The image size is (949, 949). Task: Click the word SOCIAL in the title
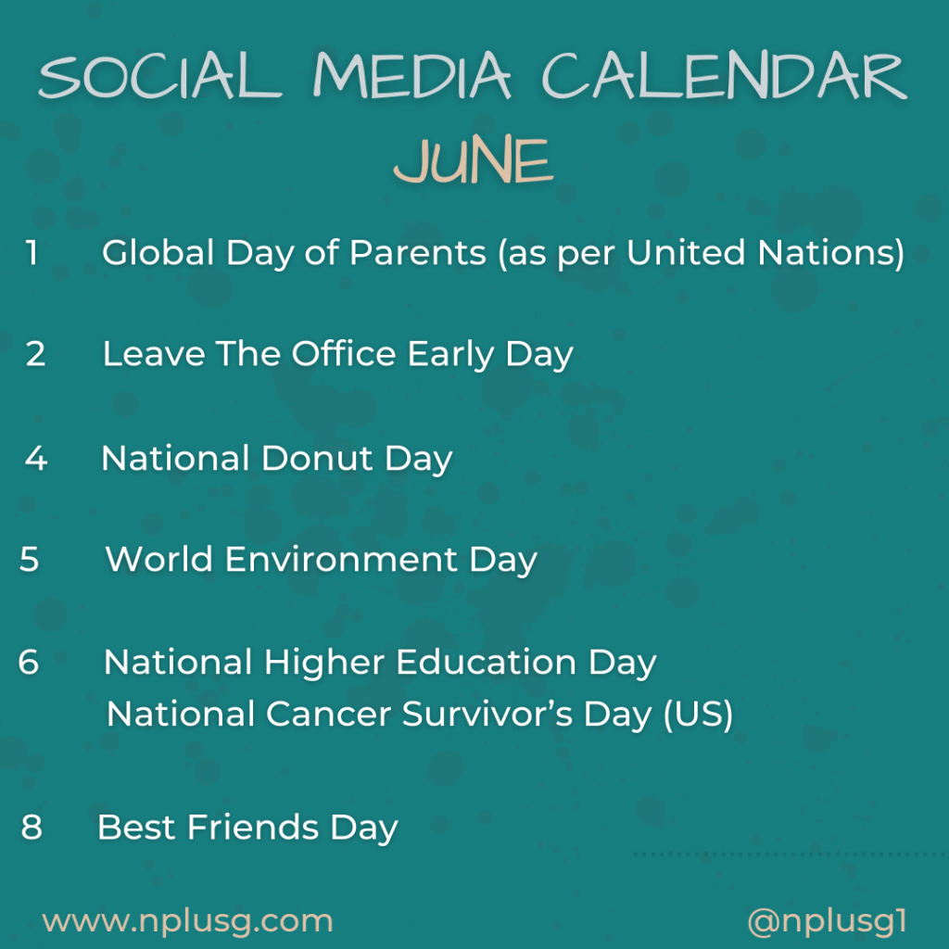[159, 76]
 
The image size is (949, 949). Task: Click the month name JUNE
[474, 159]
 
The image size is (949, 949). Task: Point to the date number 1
[32, 252]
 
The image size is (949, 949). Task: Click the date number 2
[36, 353]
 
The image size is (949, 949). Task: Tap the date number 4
[36, 458]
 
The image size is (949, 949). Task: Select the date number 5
[29, 559]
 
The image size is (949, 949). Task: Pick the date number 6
[29, 661]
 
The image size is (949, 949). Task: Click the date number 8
[32, 827]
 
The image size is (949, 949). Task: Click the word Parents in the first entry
[418, 252]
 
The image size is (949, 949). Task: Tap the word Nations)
[831, 252]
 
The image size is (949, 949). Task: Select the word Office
[344, 353]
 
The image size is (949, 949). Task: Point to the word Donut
[317, 458]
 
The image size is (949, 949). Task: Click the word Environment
[341, 559]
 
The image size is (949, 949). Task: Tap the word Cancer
[328, 715]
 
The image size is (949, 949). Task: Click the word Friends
[253, 827]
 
